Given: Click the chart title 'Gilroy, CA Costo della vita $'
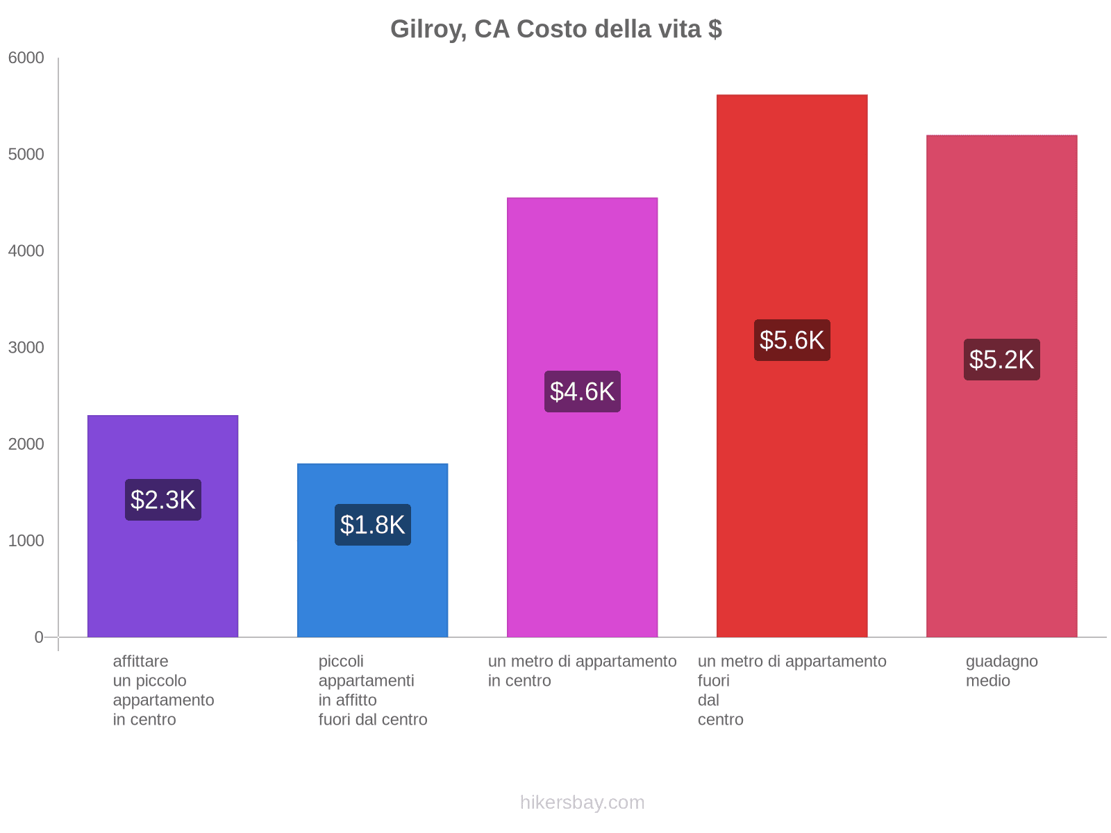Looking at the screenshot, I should (x=555, y=29).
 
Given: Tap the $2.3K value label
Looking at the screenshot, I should (x=163, y=500).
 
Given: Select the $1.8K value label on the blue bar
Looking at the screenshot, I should (x=373, y=525).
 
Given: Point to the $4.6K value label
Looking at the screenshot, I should (x=582, y=392).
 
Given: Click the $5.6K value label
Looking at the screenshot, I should (x=792, y=340).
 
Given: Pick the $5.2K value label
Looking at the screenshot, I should (x=1001, y=360).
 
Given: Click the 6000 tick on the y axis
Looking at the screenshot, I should (x=26, y=58).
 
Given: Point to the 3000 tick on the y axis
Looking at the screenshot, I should (x=26, y=348).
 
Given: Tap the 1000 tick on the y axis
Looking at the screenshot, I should (x=26, y=541).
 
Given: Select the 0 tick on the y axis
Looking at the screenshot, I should (x=39, y=637).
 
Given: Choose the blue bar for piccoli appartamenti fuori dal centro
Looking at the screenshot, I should (x=373, y=590).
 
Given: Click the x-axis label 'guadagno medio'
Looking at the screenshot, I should (x=1001, y=671).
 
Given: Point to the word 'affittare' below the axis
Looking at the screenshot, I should (x=140, y=662).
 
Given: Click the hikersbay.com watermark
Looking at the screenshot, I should (x=582, y=802).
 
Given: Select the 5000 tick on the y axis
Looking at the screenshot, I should (x=26, y=155).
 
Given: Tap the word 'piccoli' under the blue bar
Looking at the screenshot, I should (x=341, y=662).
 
